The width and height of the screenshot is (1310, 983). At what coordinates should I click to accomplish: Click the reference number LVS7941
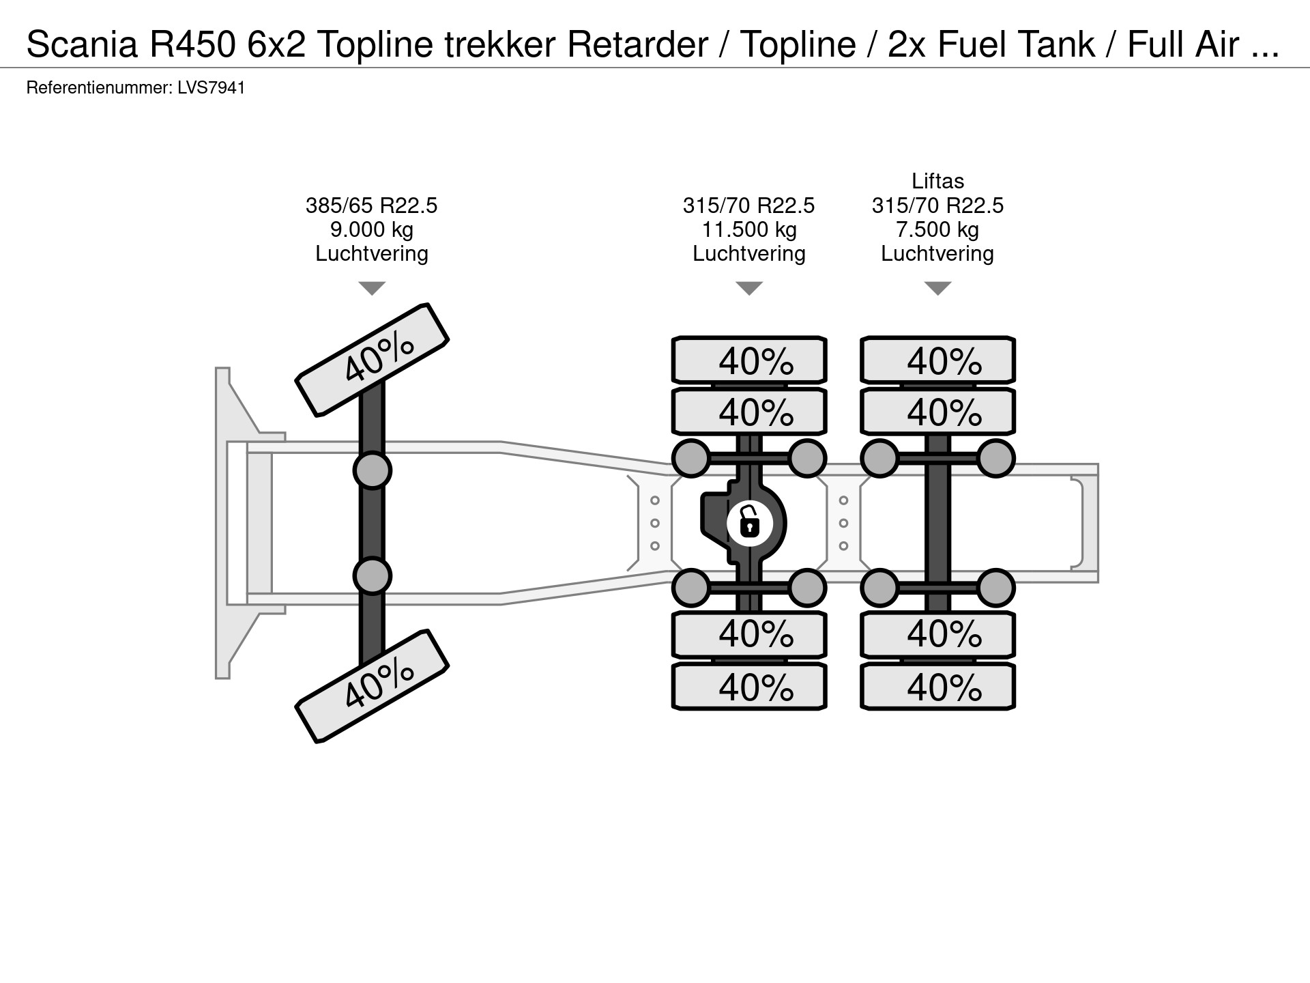(211, 88)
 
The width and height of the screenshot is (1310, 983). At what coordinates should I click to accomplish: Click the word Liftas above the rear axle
(937, 181)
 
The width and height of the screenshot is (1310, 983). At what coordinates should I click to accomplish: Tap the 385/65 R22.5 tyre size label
(371, 205)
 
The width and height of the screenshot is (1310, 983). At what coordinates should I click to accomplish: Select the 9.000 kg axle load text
(371, 229)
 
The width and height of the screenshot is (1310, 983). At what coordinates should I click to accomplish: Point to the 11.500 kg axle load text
(749, 229)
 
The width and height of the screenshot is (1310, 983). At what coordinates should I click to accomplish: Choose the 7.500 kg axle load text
(937, 229)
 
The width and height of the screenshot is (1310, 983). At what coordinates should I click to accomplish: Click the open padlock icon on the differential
(749, 524)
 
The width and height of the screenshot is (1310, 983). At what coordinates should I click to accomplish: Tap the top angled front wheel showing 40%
(372, 359)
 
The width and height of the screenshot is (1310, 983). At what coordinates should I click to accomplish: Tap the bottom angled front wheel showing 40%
(372, 686)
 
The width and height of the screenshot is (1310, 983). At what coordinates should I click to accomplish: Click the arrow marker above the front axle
(372, 288)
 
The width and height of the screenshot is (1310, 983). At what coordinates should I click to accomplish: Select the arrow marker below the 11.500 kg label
(749, 288)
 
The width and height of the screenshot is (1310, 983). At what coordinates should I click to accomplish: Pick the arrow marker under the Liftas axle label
(937, 288)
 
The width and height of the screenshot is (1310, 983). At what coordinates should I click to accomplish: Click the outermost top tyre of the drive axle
(749, 360)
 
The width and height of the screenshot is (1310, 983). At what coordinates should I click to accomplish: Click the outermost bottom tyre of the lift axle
(937, 686)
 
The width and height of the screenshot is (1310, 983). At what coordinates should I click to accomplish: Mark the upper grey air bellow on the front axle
(372, 470)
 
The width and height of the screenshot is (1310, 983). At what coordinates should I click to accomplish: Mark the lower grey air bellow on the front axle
(372, 575)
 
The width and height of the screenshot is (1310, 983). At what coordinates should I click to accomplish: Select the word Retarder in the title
(637, 45)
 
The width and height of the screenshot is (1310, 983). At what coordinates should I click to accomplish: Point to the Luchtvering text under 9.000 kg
(371, 254)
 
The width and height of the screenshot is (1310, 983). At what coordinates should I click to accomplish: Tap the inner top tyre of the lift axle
(937, 412)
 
